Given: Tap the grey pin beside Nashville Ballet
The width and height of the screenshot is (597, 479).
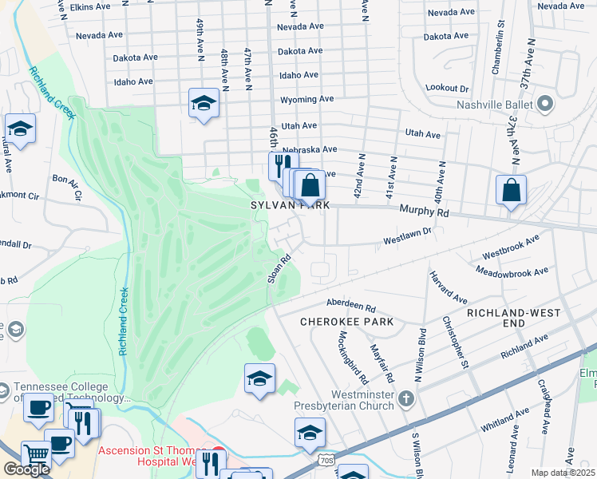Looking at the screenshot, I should tap(546, 104).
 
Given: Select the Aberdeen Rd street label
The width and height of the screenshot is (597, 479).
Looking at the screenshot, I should tap(351, 305).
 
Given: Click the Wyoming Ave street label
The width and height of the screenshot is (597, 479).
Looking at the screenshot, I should tap(306, 100).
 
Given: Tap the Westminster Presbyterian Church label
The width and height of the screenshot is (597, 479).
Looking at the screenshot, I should tap(344, 399).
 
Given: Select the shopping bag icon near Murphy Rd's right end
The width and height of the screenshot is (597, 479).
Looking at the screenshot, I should tap(512, 190).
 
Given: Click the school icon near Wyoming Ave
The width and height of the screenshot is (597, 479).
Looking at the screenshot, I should tap(204, 103).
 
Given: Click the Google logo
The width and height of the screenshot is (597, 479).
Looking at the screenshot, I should tap(26, 469).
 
